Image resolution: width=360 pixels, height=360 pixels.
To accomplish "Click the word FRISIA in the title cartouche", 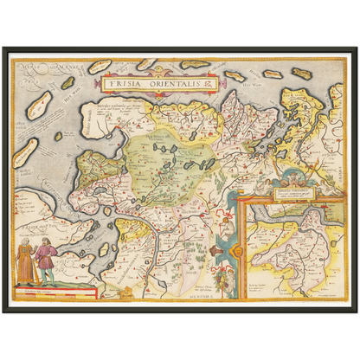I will point(126,84).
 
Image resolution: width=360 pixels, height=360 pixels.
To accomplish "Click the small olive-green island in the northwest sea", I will point(67,83).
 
